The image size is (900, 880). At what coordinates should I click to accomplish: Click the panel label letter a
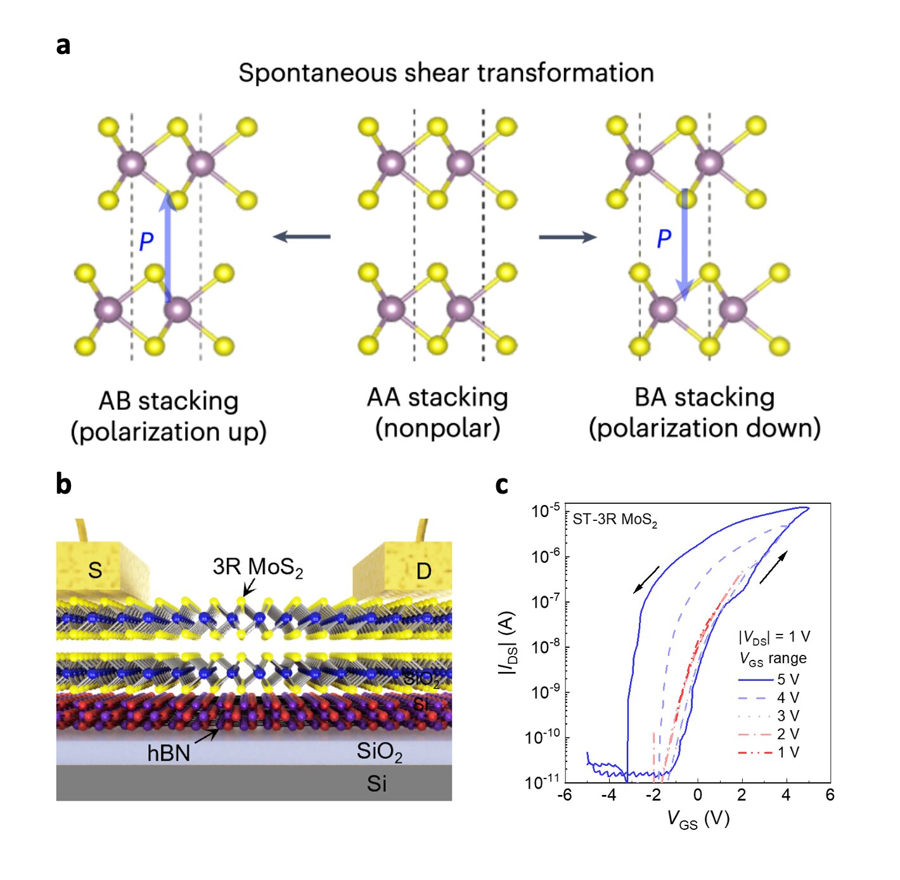(x=63, y=46)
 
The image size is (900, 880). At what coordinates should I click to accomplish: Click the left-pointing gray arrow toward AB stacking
(x=302, y=237)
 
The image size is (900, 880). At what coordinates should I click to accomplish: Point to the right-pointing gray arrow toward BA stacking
(x=568, y=237)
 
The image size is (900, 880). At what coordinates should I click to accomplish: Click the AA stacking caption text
(x=437, y=398)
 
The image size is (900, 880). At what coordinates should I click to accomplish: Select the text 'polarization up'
(x=169, y=431)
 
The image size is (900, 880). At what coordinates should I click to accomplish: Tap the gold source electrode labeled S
(x=103, y=570)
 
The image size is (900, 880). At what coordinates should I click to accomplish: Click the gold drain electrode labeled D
(x=402, y=570)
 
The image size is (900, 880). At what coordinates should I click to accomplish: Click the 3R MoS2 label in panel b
(x=257, y=567)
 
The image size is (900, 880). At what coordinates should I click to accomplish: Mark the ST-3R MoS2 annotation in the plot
(x=615, y=520)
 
